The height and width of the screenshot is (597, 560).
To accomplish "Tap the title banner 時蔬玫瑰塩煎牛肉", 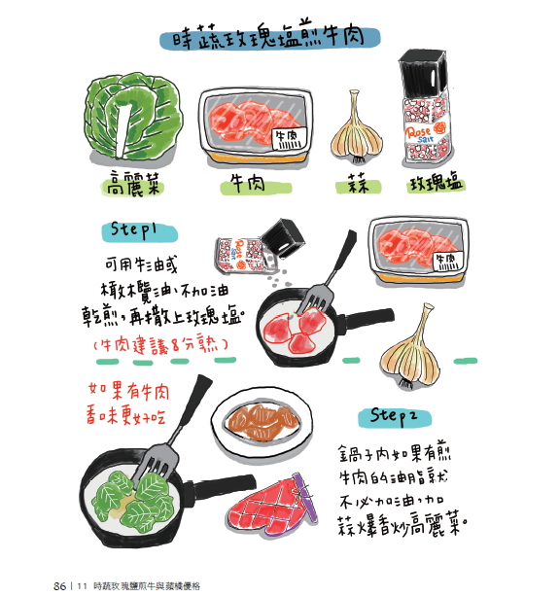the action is tap(269, 37).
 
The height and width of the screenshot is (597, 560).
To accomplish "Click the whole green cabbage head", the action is tap(133, 116).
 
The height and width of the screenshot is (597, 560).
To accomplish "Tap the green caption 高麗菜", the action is tap(132, 184).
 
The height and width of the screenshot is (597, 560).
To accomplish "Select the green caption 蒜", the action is tap(358, 185).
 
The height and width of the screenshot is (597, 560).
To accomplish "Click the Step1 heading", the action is tap(139, 231).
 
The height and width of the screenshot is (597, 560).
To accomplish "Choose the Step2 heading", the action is tap(395, 416).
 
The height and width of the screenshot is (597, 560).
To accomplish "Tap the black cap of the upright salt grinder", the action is tap(422, 74).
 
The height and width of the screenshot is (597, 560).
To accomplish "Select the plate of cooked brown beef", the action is tap(262, 423).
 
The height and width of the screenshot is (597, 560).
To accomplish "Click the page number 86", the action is tap(59, 585).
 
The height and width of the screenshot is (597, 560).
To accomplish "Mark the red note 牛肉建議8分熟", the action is tap(160, 345).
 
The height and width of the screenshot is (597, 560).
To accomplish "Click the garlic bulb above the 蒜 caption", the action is tap(357, 127).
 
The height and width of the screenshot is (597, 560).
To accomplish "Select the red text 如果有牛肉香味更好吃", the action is tap(128, 404).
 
